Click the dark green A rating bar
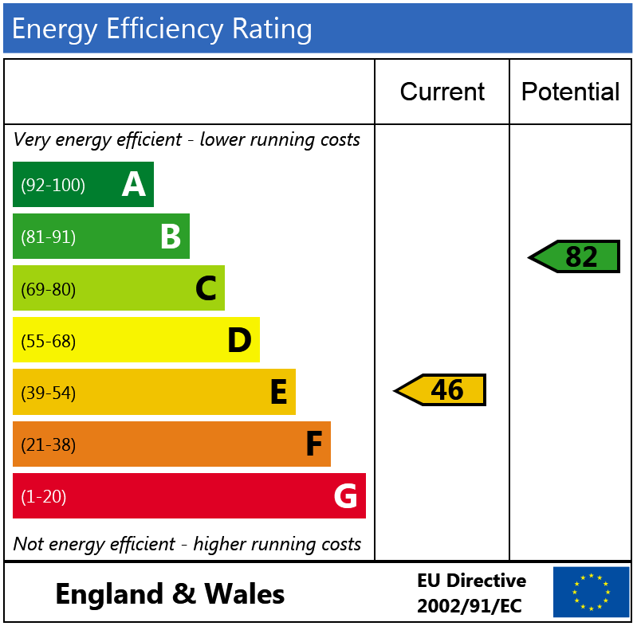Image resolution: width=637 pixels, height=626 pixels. [83, 185]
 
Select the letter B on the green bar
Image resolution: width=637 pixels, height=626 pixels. [171, 237]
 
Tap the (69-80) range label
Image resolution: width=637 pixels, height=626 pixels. [49, 289]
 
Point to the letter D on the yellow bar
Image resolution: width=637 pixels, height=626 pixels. [239, 341]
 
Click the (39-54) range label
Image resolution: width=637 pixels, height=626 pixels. [49, 393]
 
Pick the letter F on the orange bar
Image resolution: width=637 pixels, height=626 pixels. [314, 444]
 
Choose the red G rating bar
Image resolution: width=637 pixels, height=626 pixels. [189, 496]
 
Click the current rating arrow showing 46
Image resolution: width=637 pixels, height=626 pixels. [441, 390]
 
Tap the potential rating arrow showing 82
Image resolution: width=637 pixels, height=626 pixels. [575, 256]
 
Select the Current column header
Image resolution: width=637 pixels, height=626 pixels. [442, 92]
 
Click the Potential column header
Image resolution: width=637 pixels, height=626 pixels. [570, 92]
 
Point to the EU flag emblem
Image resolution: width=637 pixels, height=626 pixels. [591, 592]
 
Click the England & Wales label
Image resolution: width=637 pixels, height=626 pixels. [170, 594]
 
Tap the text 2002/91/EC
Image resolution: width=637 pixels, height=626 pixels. [470, 606]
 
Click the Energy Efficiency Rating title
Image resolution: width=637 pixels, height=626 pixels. [162, 29]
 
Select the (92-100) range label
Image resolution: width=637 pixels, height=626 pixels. [53, 186]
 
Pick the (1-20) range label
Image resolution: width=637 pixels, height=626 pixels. [44, 497]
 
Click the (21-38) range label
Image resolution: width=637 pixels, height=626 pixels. [49, 445]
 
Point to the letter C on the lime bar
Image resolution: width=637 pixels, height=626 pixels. [206, 289]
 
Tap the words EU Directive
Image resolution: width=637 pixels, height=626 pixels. [471, 581]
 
